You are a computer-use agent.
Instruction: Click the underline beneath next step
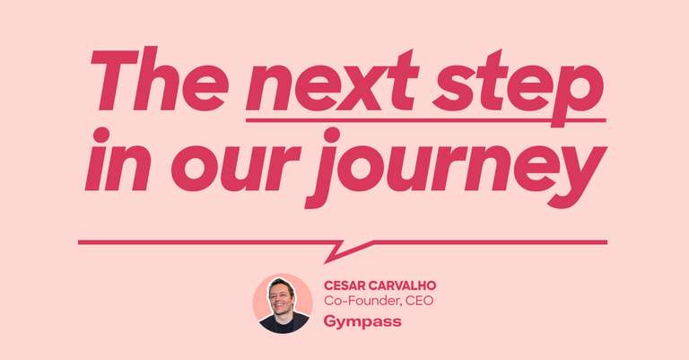(x=425, y=119)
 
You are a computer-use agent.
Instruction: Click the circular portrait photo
(x=283, y=303)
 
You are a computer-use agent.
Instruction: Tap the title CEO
(x=419, y=301)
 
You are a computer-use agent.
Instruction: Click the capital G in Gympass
(x=329, y=319)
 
